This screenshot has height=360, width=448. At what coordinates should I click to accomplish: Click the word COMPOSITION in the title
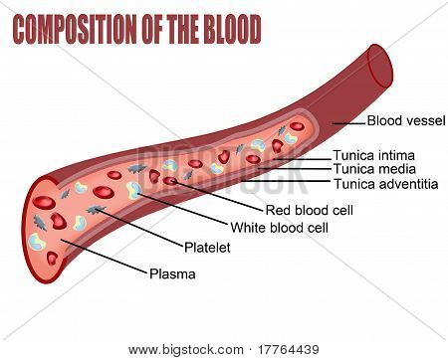tap(75, 30)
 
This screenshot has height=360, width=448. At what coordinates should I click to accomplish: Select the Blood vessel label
tap(406, 120)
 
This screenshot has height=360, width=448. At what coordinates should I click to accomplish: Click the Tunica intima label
tap(374, 155)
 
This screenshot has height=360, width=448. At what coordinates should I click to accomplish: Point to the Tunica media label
tap(374, 169)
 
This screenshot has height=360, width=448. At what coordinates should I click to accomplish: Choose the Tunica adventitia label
tap(385, 184)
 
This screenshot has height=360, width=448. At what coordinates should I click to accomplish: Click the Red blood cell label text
tap(310, 210)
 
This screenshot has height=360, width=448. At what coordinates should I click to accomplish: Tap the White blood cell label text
tap(280, 228)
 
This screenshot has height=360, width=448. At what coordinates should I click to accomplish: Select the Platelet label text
tap(207, 248)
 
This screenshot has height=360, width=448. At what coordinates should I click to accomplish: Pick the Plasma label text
tap(172, 273)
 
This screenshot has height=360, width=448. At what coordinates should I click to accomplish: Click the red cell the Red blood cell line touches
tap(170, 181)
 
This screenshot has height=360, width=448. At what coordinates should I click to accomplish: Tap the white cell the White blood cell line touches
tap(134, 190)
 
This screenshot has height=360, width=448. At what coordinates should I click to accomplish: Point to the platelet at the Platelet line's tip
tap(95, 210)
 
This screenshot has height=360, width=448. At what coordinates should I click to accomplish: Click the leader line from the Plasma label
tap(104, 257)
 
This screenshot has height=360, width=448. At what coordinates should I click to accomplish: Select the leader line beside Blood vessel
tap(348, 123)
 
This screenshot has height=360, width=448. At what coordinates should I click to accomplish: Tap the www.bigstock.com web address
tap(186, 350)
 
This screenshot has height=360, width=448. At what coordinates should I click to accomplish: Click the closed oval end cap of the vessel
tap(379, 67)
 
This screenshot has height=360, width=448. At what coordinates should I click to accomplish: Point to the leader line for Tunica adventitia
tap(286, 181)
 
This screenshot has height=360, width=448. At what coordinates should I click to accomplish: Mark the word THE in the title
tap(183, 30)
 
